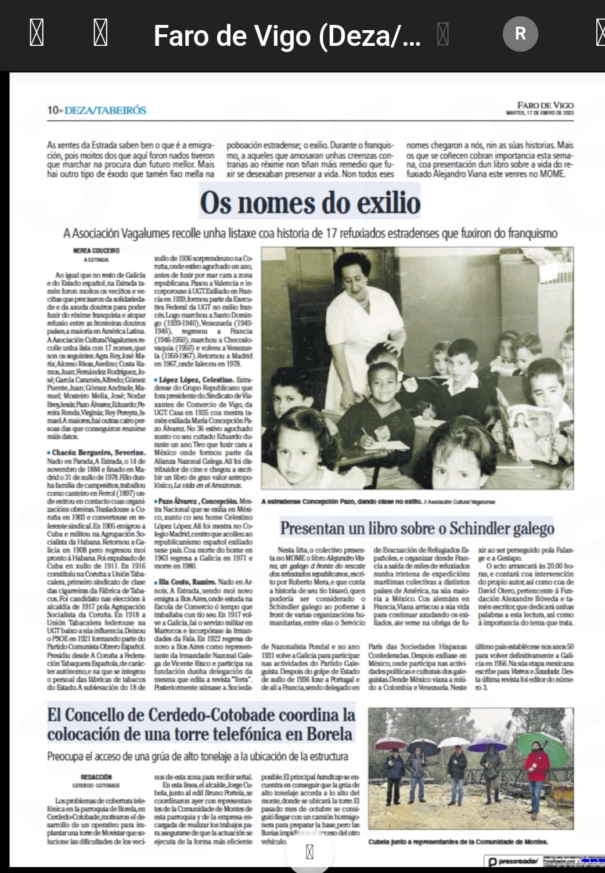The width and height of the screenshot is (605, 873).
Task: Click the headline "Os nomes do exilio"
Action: [310, 203]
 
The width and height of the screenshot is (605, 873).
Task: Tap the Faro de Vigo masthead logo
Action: [545, 105]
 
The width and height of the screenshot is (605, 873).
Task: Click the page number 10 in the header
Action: [53, 110]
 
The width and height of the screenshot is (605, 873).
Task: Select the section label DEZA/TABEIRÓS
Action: [106, 110]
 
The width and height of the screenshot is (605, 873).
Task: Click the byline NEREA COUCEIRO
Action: [96, 251]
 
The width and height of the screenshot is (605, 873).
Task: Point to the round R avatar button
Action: [520, 34]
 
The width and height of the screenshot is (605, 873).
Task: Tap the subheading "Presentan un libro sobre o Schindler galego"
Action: [417, 528]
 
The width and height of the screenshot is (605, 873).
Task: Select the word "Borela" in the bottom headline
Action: [323, 734]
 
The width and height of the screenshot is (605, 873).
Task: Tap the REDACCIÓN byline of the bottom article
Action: [96, 777]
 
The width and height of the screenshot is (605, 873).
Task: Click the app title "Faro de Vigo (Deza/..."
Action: [287, 36]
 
